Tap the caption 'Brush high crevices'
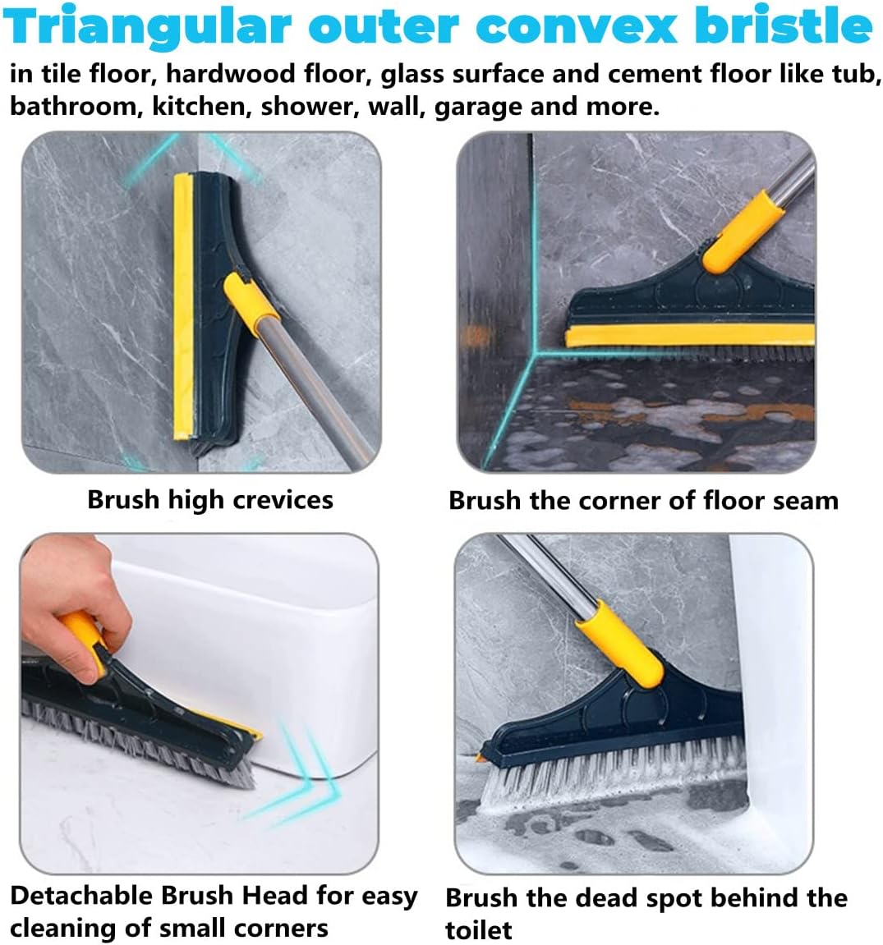click(x=210, y=500)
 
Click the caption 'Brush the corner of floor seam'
click(x=643, y=501)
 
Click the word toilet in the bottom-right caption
click(x=478, y=929)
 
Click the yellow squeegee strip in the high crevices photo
click(x=182, y=307)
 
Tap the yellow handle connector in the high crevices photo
click(x=250, y=302)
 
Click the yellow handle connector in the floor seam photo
click(x=744, y=230)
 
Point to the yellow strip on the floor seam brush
click(x=689, y=335)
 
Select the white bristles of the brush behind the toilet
click(x=612, y=778)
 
